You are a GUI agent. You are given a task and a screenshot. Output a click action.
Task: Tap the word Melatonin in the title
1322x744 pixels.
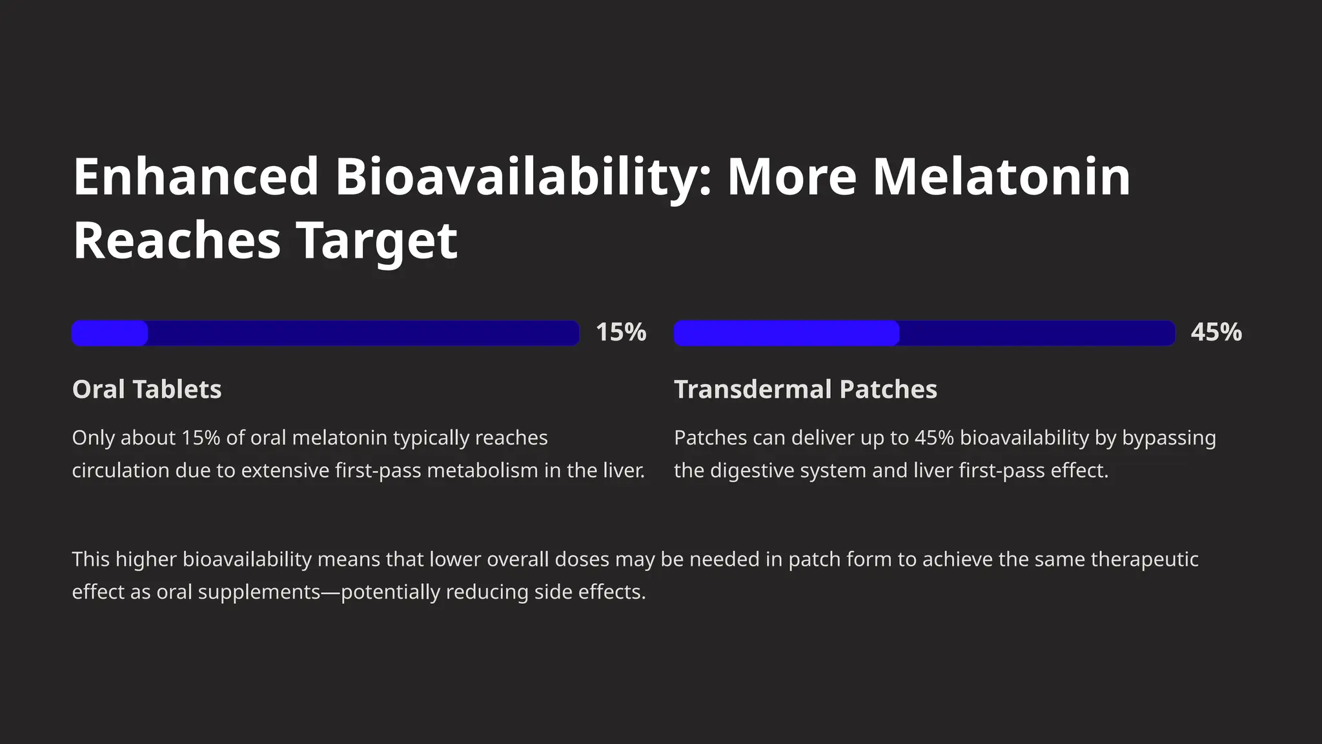(x=1001, y=177)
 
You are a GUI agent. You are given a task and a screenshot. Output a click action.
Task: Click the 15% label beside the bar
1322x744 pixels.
(x=621, y=332)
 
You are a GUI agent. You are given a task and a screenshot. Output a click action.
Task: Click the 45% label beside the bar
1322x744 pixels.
(x=1216, y=332)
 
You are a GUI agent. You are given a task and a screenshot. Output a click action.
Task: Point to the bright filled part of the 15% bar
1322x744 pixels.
(x=110, y=333)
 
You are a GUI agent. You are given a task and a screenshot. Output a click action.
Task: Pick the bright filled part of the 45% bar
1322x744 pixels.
(x=786, y=333)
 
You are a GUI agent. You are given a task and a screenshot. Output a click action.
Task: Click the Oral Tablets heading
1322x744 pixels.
(x=147, y=389)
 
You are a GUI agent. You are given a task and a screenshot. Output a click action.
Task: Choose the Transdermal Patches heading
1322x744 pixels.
(x=806, y=389)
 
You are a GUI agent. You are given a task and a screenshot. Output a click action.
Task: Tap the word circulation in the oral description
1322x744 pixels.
(x=121, y=471)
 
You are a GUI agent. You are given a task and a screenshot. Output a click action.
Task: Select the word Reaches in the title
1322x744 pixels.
(x=176, y=240)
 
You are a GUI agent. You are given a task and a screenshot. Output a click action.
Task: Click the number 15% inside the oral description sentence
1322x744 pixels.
(x=201, y=439)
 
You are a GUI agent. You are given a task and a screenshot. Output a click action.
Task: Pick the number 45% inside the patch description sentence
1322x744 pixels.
(x=934, y=439)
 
